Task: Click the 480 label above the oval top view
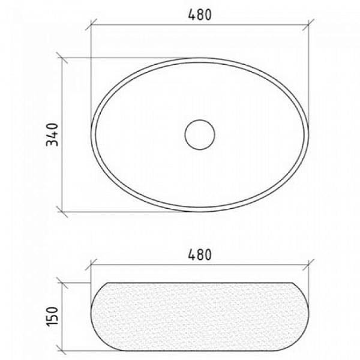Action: [x=200, y=15]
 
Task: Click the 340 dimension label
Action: [x=52, y=135]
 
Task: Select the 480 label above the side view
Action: [x=200, y=254]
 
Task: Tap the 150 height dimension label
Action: [x=52, y=316]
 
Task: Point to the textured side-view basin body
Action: [x=200, y=317]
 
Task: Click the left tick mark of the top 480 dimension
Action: [x=91, y=25]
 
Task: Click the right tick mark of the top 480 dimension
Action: [x=308, y=25]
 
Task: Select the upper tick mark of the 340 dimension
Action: [x=62, y=58]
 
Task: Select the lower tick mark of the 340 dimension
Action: [x=62, y=212]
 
